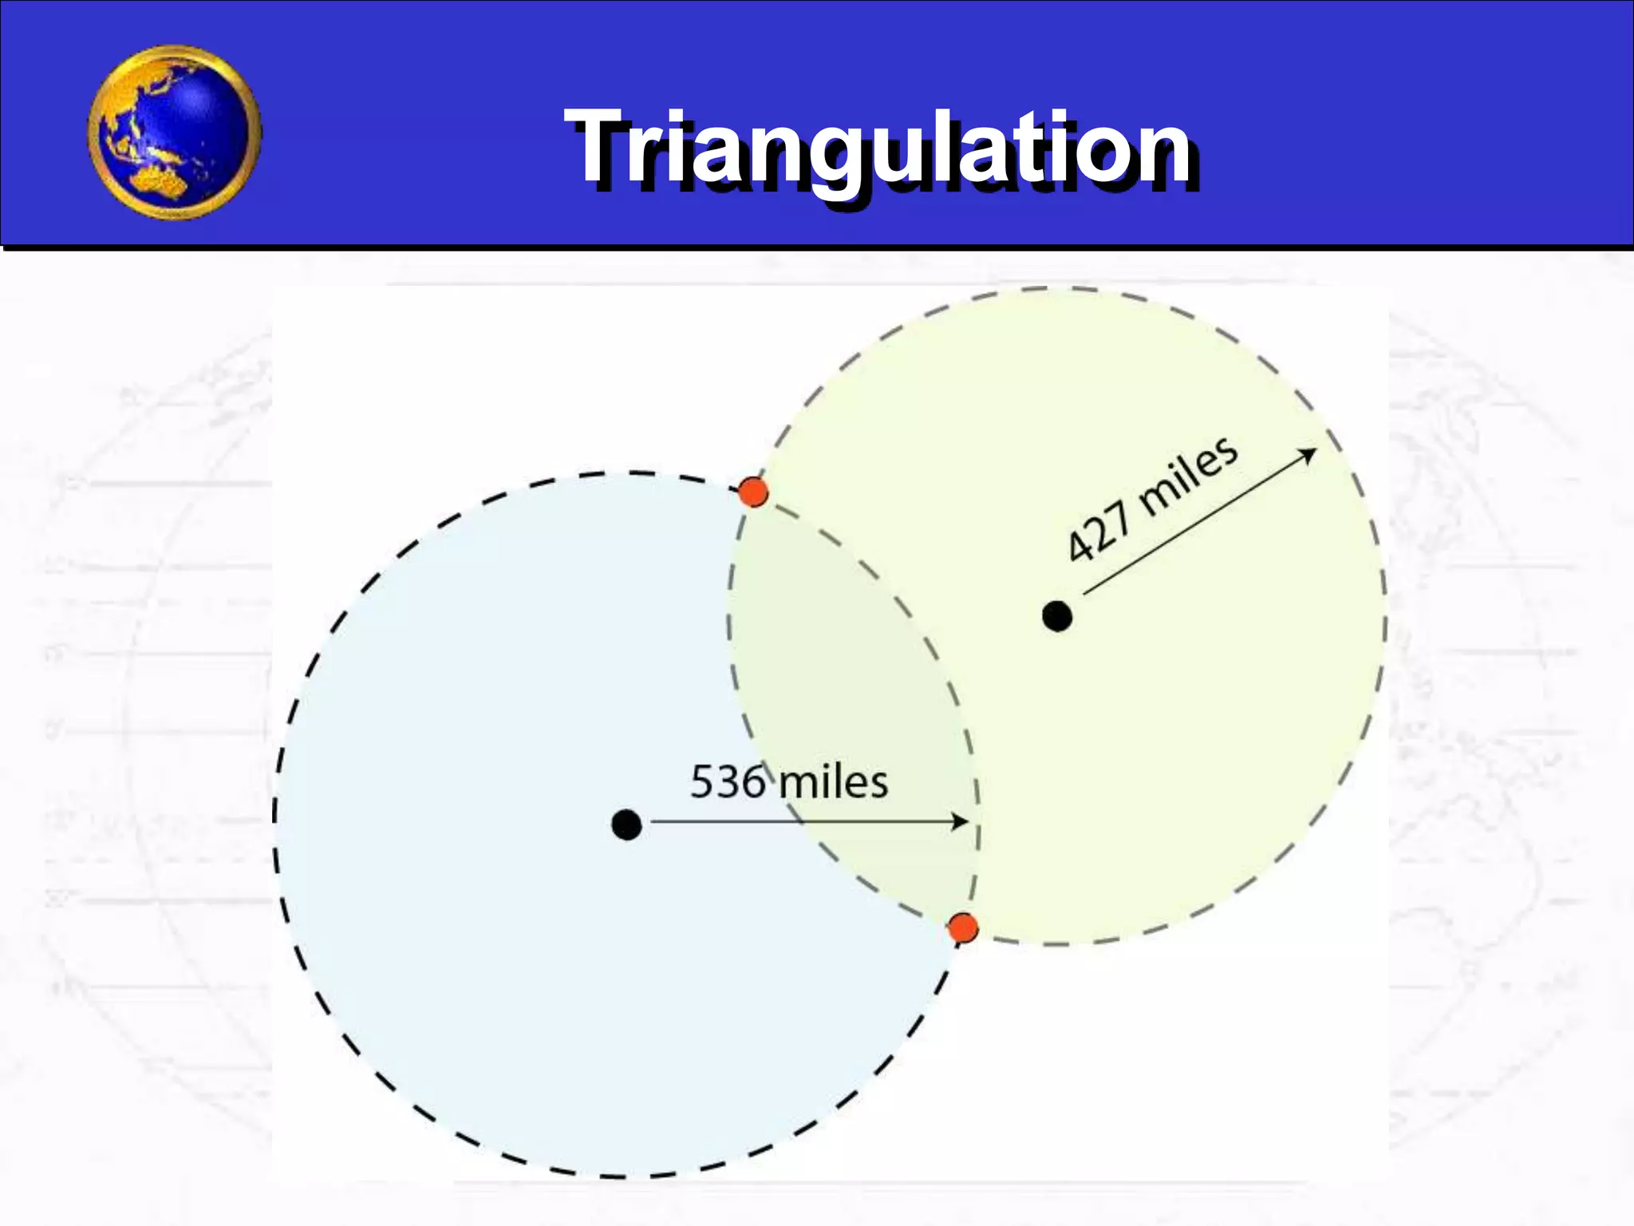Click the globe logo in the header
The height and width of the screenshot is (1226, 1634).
click(174, 132)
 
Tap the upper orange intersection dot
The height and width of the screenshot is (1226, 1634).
click(752, 492)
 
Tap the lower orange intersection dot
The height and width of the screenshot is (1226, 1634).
click(963, 928)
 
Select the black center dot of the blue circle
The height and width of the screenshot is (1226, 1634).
click(626, 825)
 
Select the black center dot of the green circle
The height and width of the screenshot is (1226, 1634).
click(1057, 616)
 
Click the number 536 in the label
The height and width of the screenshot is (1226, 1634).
click(727, 781)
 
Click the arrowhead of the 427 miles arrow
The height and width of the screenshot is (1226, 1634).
click(1308, 454)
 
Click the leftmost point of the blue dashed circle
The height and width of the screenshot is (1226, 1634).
click(275, 822)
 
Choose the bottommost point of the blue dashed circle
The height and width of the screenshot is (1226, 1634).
click(626, 1176)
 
